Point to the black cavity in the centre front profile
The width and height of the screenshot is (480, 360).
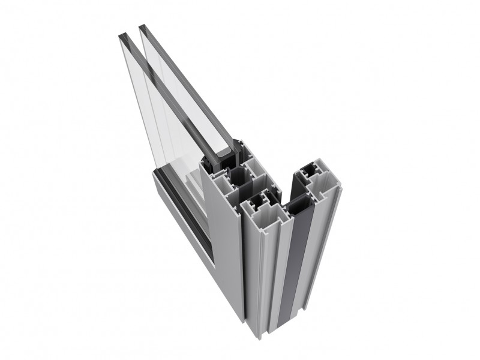tap(259, 201)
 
